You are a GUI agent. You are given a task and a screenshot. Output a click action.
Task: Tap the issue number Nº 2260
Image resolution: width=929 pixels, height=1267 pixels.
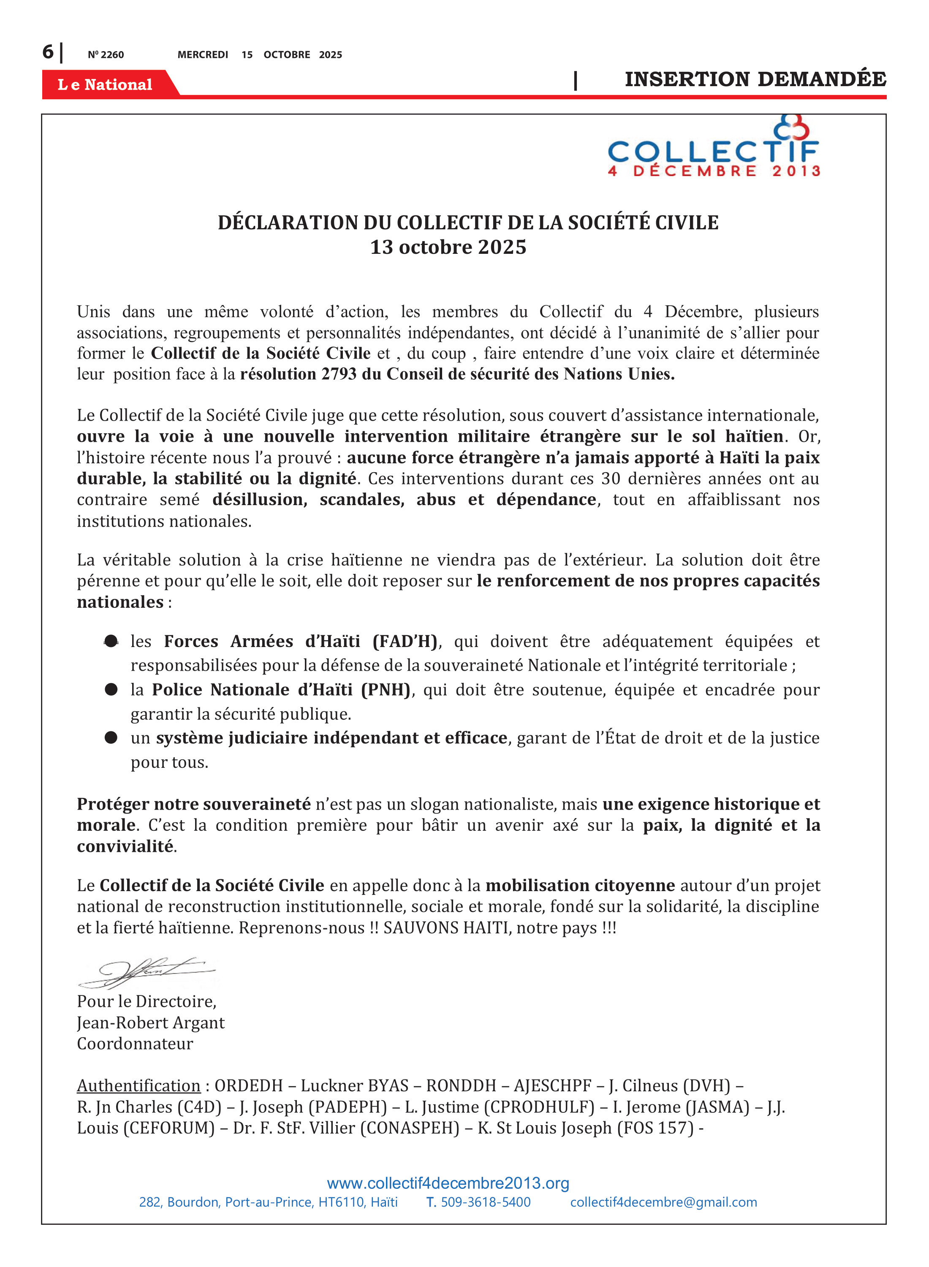tap(106, 54)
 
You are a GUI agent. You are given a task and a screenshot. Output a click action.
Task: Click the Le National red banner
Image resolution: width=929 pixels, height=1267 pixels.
tap(105, 84)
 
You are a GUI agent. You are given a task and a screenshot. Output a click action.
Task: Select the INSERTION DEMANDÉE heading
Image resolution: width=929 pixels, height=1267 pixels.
tap(755, 79)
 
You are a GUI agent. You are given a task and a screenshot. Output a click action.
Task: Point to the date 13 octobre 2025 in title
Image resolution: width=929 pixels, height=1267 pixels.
tap(448, 247)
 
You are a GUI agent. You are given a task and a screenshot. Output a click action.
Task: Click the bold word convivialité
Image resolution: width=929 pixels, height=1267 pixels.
tap(125, 846)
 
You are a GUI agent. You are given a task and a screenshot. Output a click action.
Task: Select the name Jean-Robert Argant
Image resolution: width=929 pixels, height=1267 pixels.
tap(151, 1022)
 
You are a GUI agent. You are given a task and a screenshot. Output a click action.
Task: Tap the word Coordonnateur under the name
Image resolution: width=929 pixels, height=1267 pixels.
tap(135, 1044)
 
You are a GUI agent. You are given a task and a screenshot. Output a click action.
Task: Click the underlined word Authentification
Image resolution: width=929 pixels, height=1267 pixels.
tap(139, 1086)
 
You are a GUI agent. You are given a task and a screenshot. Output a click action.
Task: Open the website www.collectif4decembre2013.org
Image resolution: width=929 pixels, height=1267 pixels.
tap(448, 1183)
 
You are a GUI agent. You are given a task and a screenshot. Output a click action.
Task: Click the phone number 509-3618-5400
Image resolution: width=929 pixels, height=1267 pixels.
tap(485, 1202)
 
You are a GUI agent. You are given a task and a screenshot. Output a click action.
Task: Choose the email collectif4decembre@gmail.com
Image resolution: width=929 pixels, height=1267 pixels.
tap(663, 1202)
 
